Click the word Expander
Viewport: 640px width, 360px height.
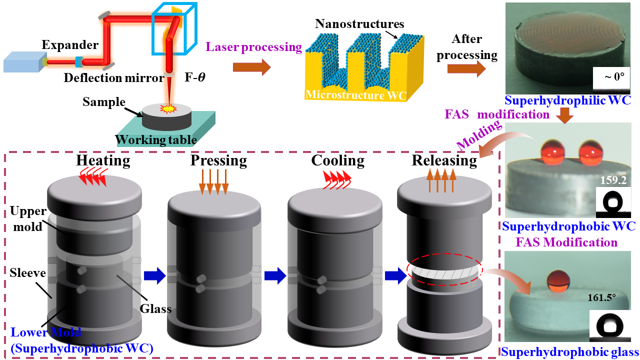click(70, 45)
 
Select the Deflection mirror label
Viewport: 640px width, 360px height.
click(114, 78)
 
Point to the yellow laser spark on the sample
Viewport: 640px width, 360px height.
click(164, 108)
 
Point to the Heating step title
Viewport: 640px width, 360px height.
click(103, 160)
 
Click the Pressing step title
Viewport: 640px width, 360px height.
click(218, 160)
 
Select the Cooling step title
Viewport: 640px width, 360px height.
click(338, 160)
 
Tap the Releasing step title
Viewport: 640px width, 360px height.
click(444, 160)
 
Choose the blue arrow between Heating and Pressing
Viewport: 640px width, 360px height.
click(154, 275)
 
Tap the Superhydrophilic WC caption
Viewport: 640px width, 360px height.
click(567, 100)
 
